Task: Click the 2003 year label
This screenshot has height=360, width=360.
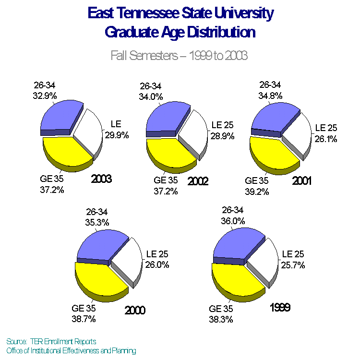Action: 101,180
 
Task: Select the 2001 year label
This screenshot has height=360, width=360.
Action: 302,181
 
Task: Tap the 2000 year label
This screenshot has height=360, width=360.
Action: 135,310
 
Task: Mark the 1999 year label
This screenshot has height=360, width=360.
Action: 279,307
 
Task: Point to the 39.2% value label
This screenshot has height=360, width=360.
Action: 257,191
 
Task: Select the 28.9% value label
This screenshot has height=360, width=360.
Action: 222,136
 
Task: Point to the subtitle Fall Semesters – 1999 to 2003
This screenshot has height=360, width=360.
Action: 179,56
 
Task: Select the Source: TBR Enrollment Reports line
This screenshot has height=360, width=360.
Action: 51,341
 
